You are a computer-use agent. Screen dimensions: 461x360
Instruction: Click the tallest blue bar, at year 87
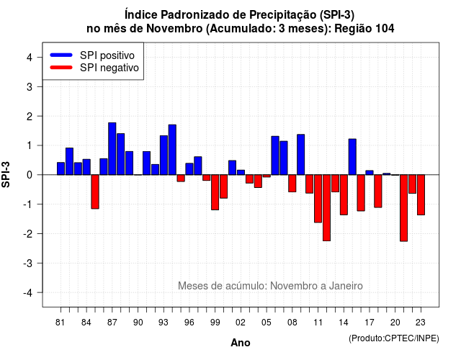tap(112, 149)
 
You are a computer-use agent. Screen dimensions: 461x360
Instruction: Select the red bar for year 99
tap(215, 192)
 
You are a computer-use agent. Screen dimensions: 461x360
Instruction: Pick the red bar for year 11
tap(318, 199)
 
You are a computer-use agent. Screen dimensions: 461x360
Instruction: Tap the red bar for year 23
tap(421, 195)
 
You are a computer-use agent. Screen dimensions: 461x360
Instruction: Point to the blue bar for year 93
tap(164, 156)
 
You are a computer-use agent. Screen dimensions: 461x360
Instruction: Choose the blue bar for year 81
tap(61, 168)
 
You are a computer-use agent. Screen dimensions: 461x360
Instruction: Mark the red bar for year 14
tap(344, 195)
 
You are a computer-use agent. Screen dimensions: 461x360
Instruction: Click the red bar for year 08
tap(292, 184)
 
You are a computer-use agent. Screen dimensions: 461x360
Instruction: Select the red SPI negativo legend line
tap(61, 68)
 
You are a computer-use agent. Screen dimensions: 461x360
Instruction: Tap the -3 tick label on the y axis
tap(28, 264)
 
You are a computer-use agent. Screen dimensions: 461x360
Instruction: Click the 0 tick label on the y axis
tap(30, 175)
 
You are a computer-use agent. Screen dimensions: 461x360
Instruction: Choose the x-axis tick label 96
tap(189, 323)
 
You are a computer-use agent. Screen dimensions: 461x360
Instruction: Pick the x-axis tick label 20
tap(395, 323)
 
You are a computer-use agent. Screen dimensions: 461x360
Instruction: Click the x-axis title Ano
tap(241, 343)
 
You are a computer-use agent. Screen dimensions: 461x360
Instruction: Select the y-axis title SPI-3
tap(6, 174)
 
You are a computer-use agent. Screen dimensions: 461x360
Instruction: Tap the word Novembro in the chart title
tap(174, 29)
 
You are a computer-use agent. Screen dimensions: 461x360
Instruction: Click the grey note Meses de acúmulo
tap(223, 286)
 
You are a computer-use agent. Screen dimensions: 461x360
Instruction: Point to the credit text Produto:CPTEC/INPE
tap(394, 338)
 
